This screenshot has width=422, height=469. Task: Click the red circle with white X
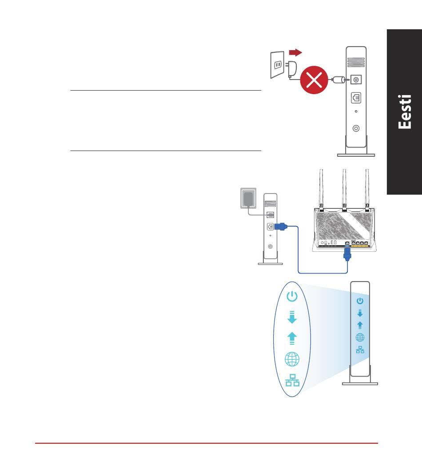click(x=314, y=80)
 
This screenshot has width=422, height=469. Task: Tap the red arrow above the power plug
click(x=295, y=53)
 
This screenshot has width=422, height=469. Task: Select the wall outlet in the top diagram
click(x=277, y=64)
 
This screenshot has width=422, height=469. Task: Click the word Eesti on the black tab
click(x=405, y=112)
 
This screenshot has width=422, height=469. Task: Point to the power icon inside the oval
click(x=292, y=296)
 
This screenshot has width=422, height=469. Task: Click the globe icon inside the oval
click(x=292, y=359)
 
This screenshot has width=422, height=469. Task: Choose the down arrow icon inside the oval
click(x=292, y=317)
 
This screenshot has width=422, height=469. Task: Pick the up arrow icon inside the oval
click(x=292, y=338)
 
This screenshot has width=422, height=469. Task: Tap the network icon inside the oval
click(x=292, y=380)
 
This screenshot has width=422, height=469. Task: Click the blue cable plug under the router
click(x=347, y=254)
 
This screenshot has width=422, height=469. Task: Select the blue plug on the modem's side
click(x=281, y=227)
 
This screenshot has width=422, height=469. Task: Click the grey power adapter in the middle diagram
click(x=248, y=199)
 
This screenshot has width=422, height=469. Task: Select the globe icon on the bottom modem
click(x=360, y=338)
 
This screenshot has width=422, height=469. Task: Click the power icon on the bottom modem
click(x=360, y=301)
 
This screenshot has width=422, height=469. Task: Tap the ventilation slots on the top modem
click(x=356, y=62)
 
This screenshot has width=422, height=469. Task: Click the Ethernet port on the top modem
click(x=356, y=98)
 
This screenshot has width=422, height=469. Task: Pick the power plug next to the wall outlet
click(x=291, y=69)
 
